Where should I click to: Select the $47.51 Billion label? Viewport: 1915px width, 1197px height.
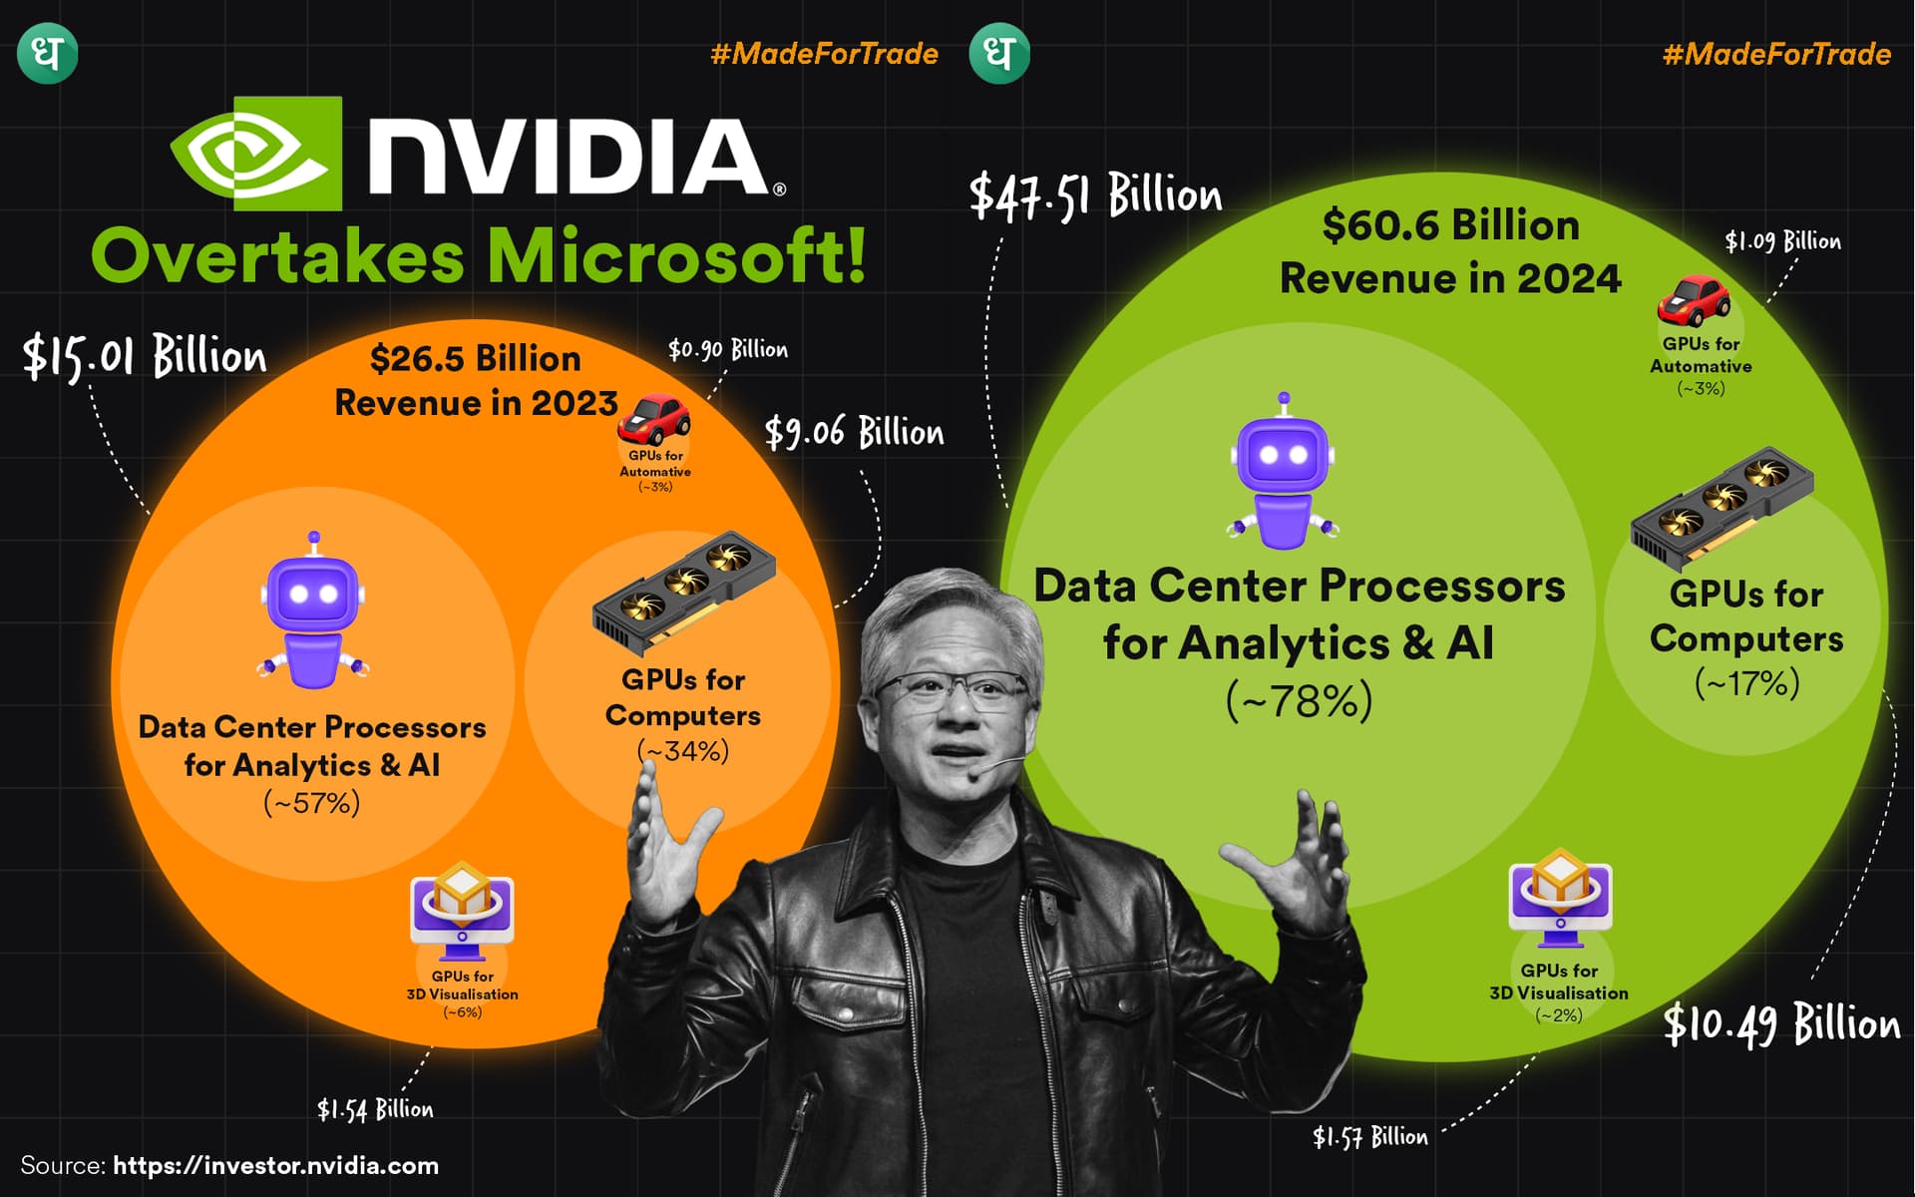pyautogui.click(x=1095, y=196)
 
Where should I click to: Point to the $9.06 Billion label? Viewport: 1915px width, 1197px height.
pyautogui.click(x=854, y=433)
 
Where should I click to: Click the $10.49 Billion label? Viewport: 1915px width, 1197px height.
pyautogui.click(x=1781, y=1025)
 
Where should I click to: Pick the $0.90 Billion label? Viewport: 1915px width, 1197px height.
pyautogui.click(x=727, y=349)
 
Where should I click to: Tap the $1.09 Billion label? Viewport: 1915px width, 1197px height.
pyautogui.click(x=1782, y=241)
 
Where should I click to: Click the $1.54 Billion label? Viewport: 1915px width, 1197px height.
pyautogui.click(x=375, y=1109)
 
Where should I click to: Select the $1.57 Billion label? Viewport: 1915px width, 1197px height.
pyautogui.click(x=1369, y=1136)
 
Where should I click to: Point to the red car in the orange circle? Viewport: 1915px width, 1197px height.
pyautogui.click(x=653, y=420)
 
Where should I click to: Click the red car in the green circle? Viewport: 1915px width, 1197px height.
pyautogui.click(x=1694, y=300)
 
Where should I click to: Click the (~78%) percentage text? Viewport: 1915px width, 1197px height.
pyautogui.click(x=1299, y=701)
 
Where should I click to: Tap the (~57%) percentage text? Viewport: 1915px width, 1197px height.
pyautogui.click(x=312, y=803)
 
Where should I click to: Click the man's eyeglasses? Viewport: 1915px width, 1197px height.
pyautogui.click(x=953, y=687)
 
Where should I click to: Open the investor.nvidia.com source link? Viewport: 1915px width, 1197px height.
pyautogui.click(x=275, y=1166)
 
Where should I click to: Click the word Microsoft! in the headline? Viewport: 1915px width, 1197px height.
pyautogui.click(x=676, y=256)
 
